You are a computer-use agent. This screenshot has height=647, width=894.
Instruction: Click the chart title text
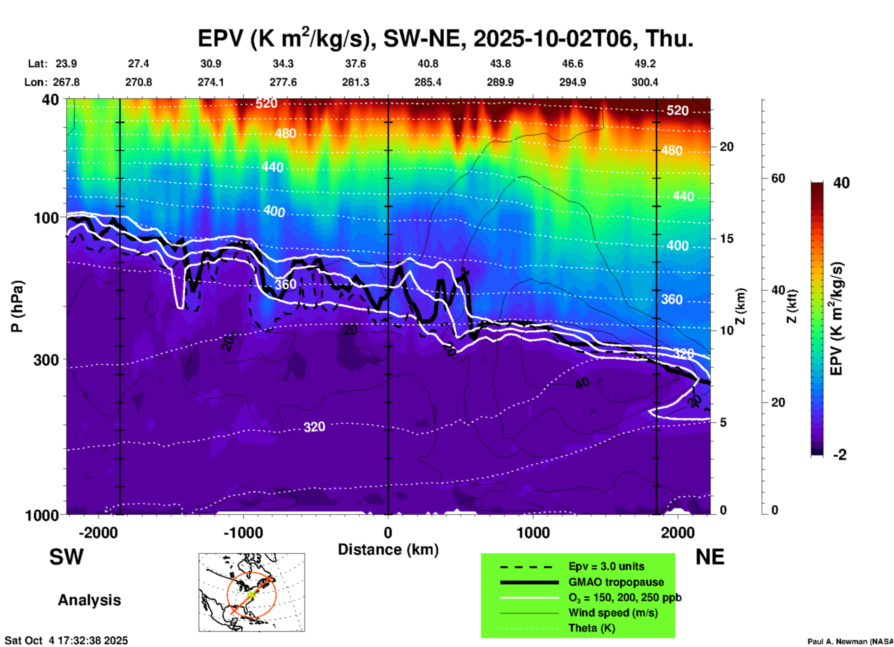tap(446, 38)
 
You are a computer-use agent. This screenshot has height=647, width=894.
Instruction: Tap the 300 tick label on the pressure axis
tap(46, 360)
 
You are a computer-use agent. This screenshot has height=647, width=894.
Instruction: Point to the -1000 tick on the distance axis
tap(243, 532)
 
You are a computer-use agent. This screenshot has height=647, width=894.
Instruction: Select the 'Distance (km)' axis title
tap(388, 550)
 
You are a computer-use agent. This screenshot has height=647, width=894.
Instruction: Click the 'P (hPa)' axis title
tap(17, 306)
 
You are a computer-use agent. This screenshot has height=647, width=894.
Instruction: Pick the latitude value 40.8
tap(428, 64)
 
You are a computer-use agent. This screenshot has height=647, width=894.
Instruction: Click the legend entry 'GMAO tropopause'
tap(616, 582)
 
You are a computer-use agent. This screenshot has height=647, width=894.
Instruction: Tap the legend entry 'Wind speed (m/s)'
tap(613, 613)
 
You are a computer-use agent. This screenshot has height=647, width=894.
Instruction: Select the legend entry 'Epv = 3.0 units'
tap(606, 566)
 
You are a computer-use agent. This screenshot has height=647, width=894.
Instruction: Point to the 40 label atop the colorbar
tap(841, 183)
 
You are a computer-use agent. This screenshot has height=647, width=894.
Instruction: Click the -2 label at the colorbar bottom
tap(840, 455)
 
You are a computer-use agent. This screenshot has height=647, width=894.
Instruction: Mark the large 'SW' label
tap(66, 557)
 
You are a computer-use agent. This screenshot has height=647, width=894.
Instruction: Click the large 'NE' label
tap(710, 557)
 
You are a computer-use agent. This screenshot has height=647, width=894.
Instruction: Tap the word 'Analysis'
tap(89, 600)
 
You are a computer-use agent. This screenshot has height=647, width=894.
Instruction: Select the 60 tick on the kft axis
tap(778, 179)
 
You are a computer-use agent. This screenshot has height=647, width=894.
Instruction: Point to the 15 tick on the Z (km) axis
tap(726, 239)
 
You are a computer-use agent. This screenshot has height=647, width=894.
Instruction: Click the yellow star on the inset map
tap(251, 595)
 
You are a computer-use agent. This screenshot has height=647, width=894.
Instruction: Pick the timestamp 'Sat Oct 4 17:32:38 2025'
tap(66, 641)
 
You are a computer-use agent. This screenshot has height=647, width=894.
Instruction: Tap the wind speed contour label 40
tap(582, 383)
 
